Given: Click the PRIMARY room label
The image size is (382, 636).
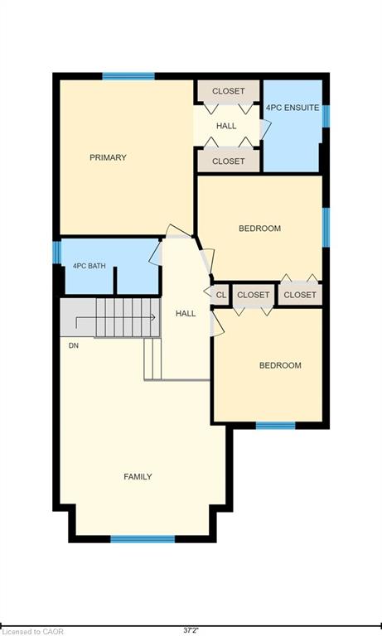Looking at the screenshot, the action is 108,157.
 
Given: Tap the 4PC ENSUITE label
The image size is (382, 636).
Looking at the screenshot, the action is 293,108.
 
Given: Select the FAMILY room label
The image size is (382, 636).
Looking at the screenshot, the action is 138,477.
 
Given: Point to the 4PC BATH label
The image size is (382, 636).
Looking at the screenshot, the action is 89,266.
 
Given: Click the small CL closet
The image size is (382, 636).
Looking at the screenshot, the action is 221,295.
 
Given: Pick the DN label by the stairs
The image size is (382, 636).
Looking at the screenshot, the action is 74,345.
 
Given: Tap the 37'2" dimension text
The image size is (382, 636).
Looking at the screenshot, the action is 191,631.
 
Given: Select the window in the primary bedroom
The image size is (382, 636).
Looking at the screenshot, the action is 128,76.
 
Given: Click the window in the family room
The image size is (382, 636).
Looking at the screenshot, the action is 143,539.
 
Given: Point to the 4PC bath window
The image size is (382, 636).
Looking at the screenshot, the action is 57,253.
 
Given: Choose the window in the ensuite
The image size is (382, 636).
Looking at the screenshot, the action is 326,116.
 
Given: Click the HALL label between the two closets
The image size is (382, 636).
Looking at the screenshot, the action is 226,126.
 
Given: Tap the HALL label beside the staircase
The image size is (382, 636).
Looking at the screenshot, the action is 186,314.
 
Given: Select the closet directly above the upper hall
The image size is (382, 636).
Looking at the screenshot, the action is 229,91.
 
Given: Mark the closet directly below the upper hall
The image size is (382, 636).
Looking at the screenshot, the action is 229,161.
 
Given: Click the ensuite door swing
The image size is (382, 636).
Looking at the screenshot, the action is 264,129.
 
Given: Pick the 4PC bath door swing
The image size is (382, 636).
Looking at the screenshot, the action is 156,253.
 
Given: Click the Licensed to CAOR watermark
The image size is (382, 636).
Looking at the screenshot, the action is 32,632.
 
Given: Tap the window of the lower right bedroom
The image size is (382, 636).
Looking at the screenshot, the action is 276,425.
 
